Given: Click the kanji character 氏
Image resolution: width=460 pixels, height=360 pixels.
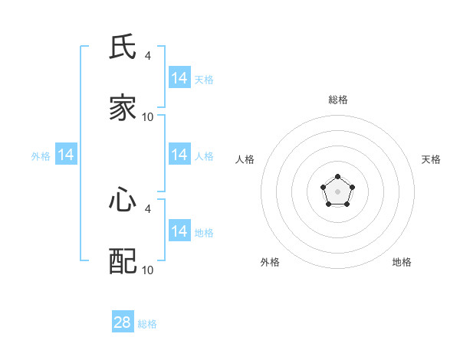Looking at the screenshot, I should pyautogui.click(x=123, y=47).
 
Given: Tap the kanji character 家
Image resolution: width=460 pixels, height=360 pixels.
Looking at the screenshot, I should pyautogui.click(x=123, y=109).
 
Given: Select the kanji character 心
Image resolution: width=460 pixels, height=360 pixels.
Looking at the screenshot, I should pyautogui.click(x=123, y=201).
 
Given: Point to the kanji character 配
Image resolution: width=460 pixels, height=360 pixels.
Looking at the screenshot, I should pyautogui.click(x=123, y=262).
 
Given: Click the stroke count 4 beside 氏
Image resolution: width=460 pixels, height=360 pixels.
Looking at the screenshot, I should pyautogui.click(x=147, y=55).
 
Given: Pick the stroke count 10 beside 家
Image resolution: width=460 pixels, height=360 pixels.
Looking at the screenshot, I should pyautogui.click(x=147, y=117).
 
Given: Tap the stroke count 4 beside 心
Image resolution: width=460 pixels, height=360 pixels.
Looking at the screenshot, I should pyautogui.click(x=147, y=208).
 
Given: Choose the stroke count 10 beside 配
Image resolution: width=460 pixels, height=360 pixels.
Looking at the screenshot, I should pyautogui.click(x=147, y=270).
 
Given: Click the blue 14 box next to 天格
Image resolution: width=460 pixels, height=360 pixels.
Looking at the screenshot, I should pyautogui.click(x=179, y=78).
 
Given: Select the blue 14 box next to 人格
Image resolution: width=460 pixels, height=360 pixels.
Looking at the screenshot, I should pyautogui.click(x=179, y=155).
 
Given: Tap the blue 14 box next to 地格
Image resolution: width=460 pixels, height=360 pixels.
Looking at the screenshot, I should pyautogui.click(x=179, y=231).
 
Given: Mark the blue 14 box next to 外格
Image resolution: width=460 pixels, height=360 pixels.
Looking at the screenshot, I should pyautogui.click(x=66, y=155).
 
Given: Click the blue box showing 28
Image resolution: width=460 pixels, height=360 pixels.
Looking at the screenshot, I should pyautogui.click(x=123, y=322).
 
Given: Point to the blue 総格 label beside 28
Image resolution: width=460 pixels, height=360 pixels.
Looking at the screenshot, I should pyautogui.click(x=147, y=324).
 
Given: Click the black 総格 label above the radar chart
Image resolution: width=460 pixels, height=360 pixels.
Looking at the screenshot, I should pyautogui.click(x=338, y=100).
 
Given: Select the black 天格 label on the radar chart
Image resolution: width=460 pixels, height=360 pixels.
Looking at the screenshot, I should pyautogui.click(x=431, y=159).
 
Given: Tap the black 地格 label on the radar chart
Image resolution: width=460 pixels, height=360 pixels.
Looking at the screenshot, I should pyautogui.click(x=402, y=262).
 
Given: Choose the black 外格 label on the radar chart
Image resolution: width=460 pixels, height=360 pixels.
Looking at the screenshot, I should pyautogui.click(x=270, y=262).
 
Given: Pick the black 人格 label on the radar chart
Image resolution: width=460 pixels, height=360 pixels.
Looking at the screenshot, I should pyautogui.click(x=245, y=159).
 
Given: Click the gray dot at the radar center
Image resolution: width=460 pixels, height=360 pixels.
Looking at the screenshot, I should pyautogui.click(x=337, y=191).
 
